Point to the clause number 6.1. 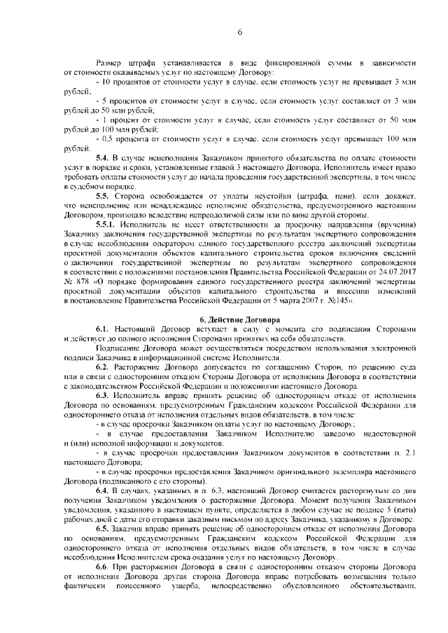(104, 329)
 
